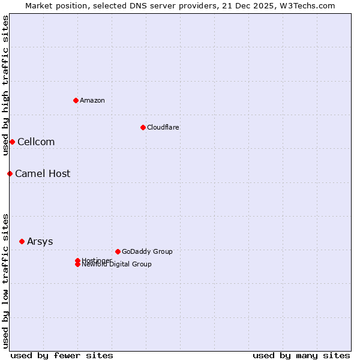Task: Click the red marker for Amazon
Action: (76, 100)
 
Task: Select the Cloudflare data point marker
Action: (143, 127)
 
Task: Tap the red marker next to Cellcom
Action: (12, 142)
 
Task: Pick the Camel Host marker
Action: (10, 173)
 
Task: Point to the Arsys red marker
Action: (22, 241)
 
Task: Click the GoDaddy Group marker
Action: (118, 251)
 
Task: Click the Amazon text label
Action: (92, 100)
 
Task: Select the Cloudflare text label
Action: (163, 127)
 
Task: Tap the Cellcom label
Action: (36, 142)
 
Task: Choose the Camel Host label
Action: (43, 173)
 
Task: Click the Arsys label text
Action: (40, 241)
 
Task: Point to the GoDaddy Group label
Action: (147, 251)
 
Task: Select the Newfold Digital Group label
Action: (117, 265)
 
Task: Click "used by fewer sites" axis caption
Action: (62, 355)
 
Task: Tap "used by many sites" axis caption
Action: (301, 355)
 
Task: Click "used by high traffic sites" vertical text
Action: (5, 85)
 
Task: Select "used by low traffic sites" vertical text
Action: (5, 280)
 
